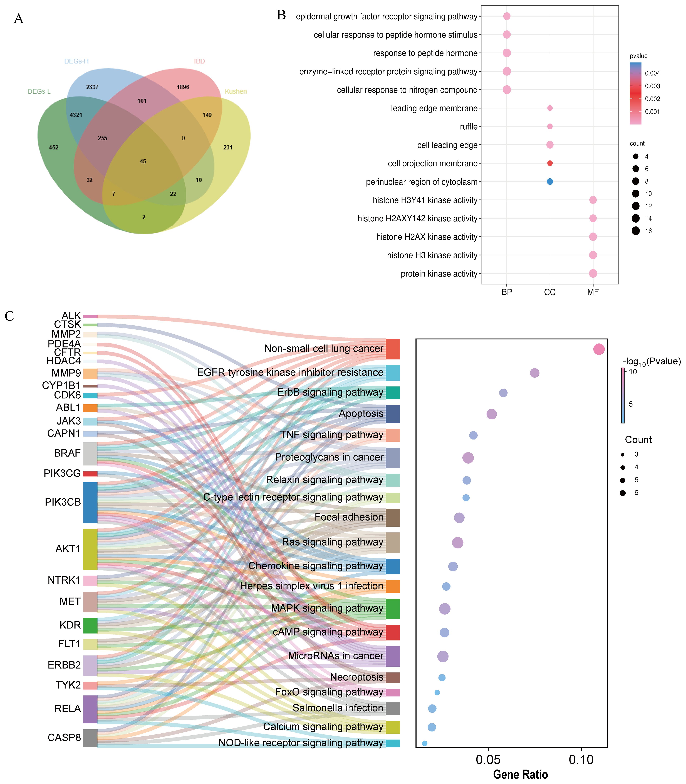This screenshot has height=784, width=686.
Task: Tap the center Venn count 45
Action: (x=143, y=161)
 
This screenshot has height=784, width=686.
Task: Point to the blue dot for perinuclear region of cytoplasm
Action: (x=550, y=182)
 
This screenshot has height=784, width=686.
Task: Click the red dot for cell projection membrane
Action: (x=550, y=163)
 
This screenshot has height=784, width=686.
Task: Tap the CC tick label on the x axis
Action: (x=550, y=292)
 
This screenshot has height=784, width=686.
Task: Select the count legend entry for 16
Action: (x=636, y=231)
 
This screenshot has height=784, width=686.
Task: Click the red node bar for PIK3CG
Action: (x=90, y=474)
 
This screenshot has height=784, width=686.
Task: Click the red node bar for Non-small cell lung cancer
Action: (x=393, y=349)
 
